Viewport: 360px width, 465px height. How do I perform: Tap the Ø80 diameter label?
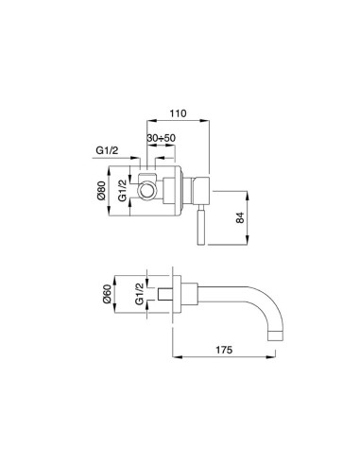click(115, 194)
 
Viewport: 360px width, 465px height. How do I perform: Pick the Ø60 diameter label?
click(115, 300)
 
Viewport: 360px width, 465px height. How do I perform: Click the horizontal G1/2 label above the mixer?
click(108, 149)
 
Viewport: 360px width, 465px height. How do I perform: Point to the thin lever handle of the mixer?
click(199, 229)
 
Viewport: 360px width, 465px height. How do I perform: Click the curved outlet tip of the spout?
click(275, 333)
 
